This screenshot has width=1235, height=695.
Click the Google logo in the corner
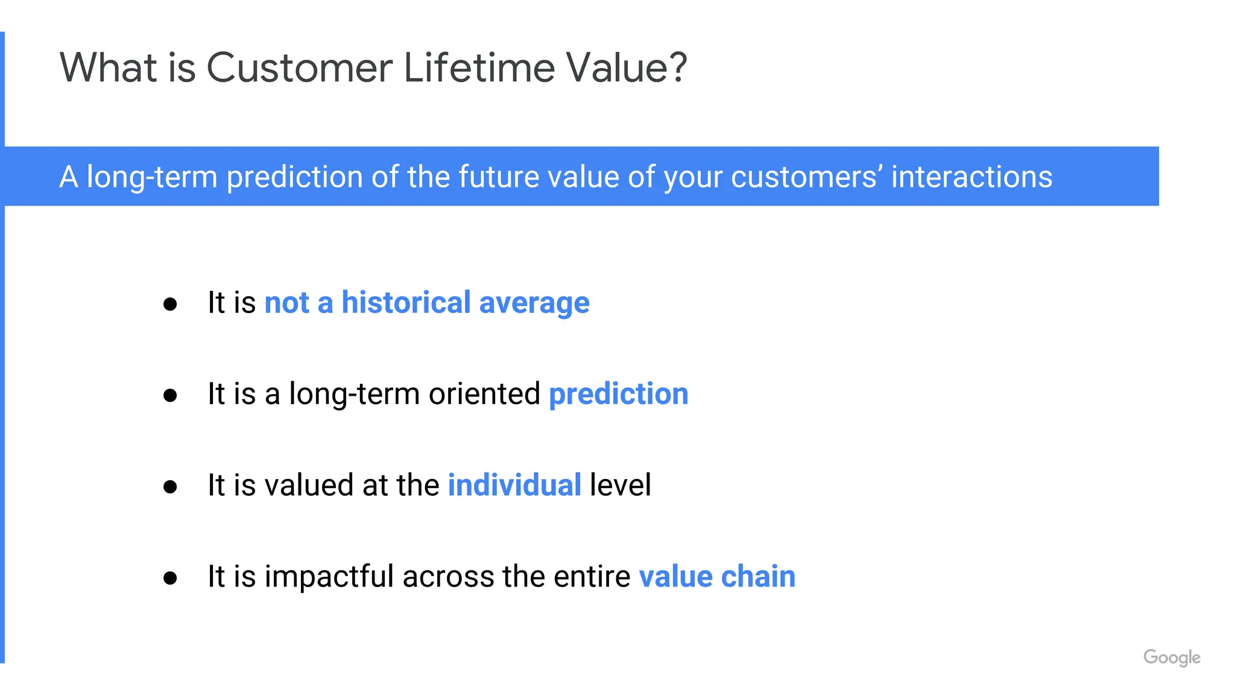coord(1171,657)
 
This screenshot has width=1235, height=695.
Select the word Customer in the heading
coord(299,68)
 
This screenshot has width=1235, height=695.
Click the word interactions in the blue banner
coord(971,177)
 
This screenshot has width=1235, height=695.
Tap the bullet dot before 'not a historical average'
coord(170,304)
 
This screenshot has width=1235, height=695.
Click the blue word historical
coord(406,302)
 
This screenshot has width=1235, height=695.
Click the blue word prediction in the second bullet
coord(618,395)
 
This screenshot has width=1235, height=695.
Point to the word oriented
coord(484,394)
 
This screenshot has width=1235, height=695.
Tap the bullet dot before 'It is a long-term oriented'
coord(170,395)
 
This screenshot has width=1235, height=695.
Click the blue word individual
coord(514,485)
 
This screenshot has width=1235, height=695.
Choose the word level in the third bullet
coord(620,485)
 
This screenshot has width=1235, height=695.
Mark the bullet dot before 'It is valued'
coord(170,486)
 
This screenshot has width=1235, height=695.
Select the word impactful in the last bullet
coord(329,576)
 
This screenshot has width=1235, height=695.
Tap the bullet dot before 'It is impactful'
coord(170,578)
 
